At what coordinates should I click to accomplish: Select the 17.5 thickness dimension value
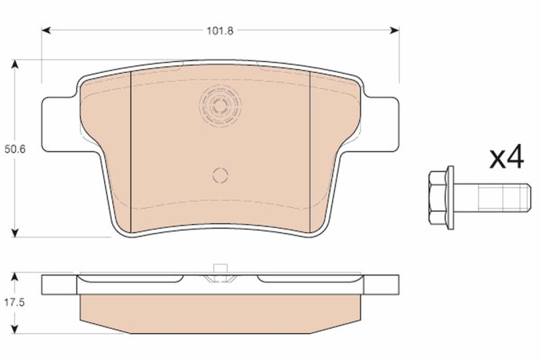[14, 303]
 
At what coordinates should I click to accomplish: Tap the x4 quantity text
[506, 159]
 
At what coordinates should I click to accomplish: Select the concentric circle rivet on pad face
[220, 105]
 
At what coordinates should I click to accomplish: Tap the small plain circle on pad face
[220, 175]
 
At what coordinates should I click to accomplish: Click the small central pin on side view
[219, 271]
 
